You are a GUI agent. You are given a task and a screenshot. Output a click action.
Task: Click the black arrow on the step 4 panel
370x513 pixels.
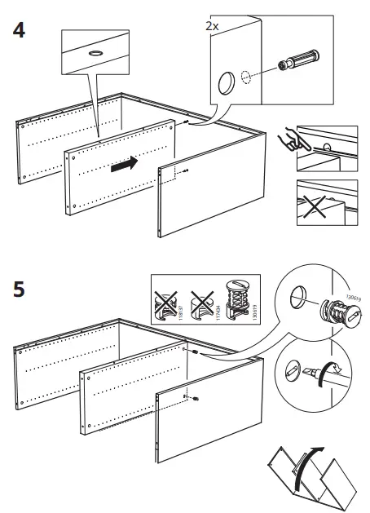pos(123,166)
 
